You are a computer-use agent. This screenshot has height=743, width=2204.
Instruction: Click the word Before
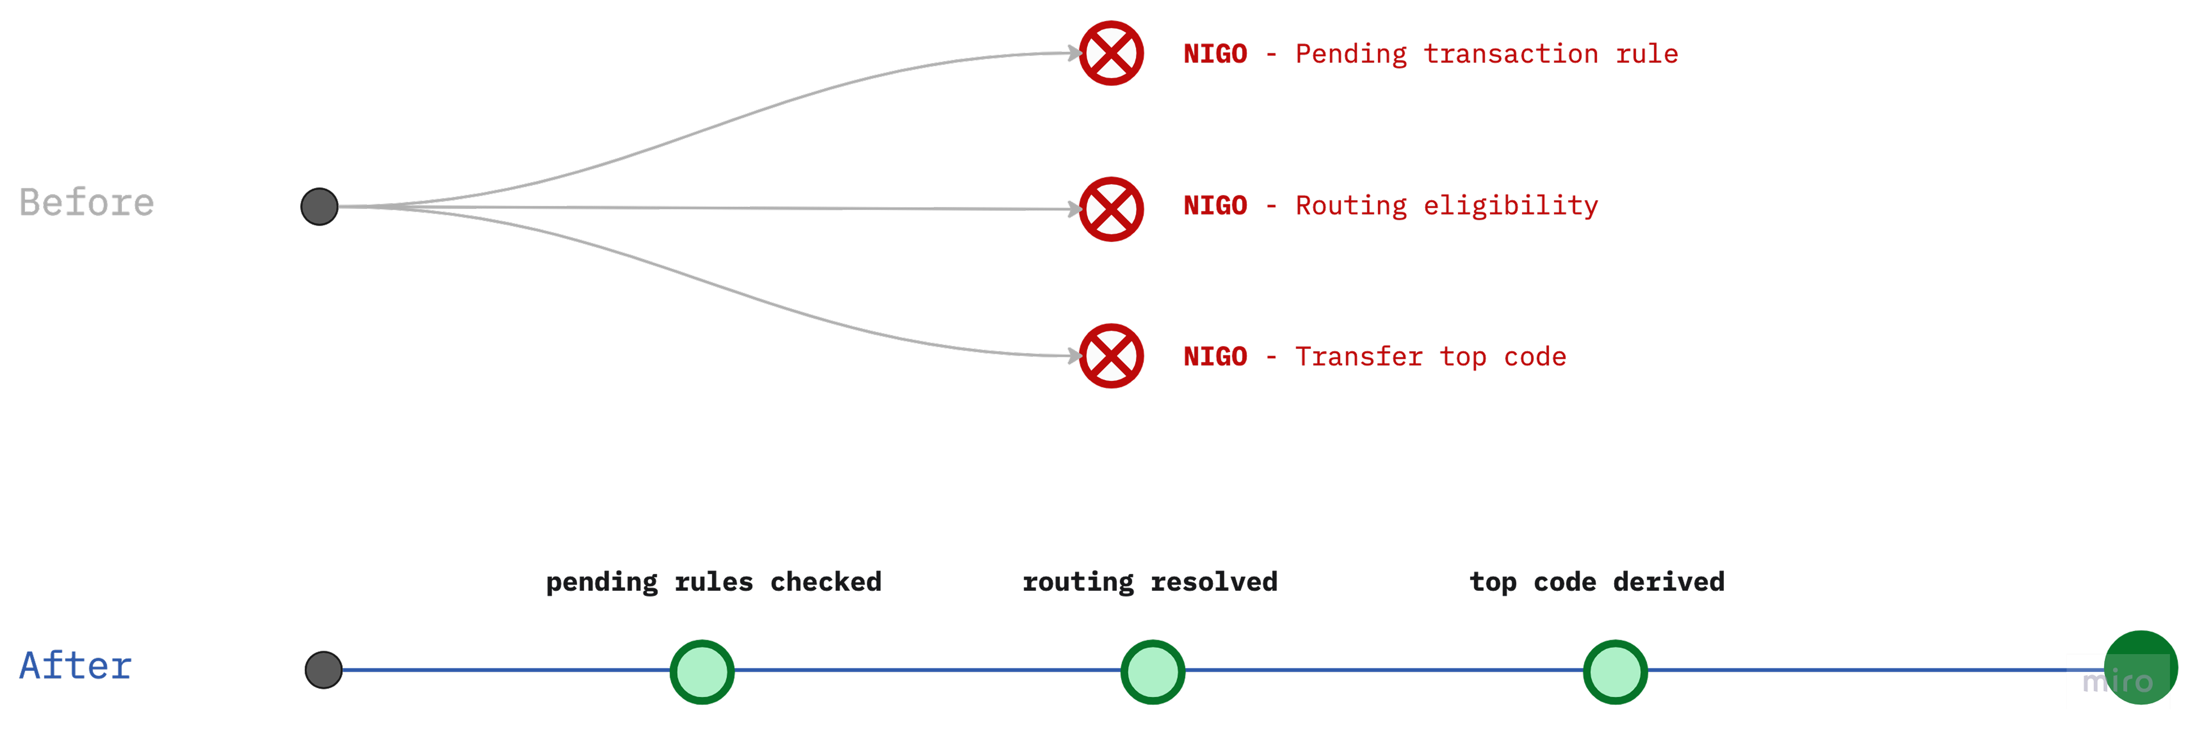point(86,203)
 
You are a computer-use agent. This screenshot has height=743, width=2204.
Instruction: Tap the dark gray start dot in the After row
point(323,669)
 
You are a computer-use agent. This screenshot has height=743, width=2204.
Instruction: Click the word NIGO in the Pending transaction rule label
point(1215,54)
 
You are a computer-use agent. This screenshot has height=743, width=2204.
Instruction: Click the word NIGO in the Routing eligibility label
point(1215,205)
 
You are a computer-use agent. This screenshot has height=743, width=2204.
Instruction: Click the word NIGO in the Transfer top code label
point(1215,356)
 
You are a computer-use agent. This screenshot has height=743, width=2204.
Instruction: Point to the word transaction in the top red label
point(1510,54)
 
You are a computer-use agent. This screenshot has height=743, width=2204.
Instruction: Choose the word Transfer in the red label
point(1359,356)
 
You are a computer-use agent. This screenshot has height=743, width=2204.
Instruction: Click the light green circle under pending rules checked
point(701,672)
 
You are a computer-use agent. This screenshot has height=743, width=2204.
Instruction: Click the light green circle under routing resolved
point(1152,672)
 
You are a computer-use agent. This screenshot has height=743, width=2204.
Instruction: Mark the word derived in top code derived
point(1669,581)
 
